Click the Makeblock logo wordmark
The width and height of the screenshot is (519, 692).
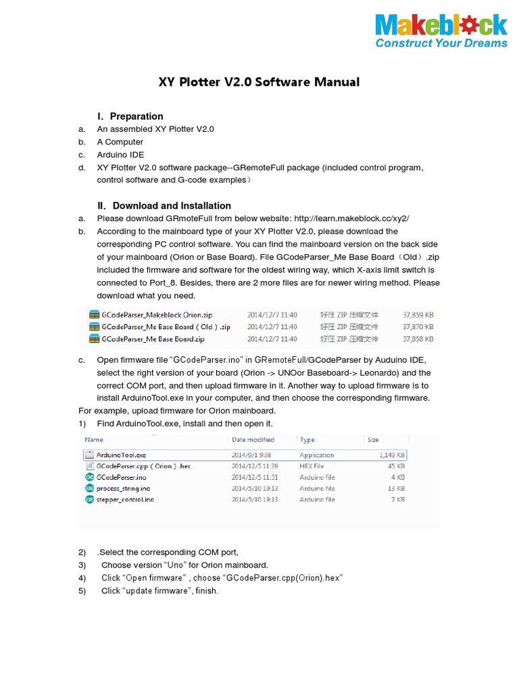pos(441,26)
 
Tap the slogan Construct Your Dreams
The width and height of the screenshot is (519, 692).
pos(441,43)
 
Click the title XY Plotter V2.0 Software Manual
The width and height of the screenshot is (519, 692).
pos(259,82)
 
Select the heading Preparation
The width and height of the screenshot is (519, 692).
pos(136,116)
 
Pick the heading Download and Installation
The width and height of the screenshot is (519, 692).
pos(171,205)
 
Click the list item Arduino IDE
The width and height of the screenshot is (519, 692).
pos(120,155)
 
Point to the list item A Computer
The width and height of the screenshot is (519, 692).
pos(120,142)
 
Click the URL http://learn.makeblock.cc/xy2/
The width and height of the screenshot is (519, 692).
pos(352,218)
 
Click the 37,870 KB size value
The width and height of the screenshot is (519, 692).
pos(418,326)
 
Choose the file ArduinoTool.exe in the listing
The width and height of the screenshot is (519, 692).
pos(122,455)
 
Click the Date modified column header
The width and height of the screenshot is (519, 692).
pos(253,439)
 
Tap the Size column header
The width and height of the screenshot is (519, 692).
pos(373,439)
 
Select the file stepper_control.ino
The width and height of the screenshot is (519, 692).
pos(125,499)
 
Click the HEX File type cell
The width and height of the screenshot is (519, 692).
pos(312,466)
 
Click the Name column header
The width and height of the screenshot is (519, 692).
pos(94,439)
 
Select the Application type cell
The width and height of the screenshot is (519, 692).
pos(317,455)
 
